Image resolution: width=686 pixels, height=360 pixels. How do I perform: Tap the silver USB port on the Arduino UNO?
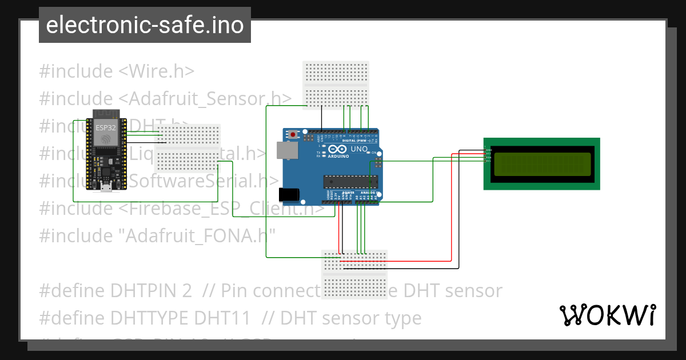286,150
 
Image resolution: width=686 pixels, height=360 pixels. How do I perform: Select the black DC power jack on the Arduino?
289,194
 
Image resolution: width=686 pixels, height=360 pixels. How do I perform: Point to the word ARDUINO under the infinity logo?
338,156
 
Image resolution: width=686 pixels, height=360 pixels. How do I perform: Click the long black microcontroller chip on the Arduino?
351,182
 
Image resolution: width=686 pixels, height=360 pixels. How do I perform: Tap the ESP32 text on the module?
105,127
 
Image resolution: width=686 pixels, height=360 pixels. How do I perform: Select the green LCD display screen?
542,164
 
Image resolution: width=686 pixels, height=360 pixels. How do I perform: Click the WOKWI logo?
607,315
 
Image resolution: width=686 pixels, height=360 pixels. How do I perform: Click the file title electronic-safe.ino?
145,25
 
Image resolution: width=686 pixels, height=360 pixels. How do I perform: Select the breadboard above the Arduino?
336,84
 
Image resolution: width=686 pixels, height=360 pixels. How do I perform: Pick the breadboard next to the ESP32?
188,147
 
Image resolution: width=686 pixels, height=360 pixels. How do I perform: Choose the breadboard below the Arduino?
354,271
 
